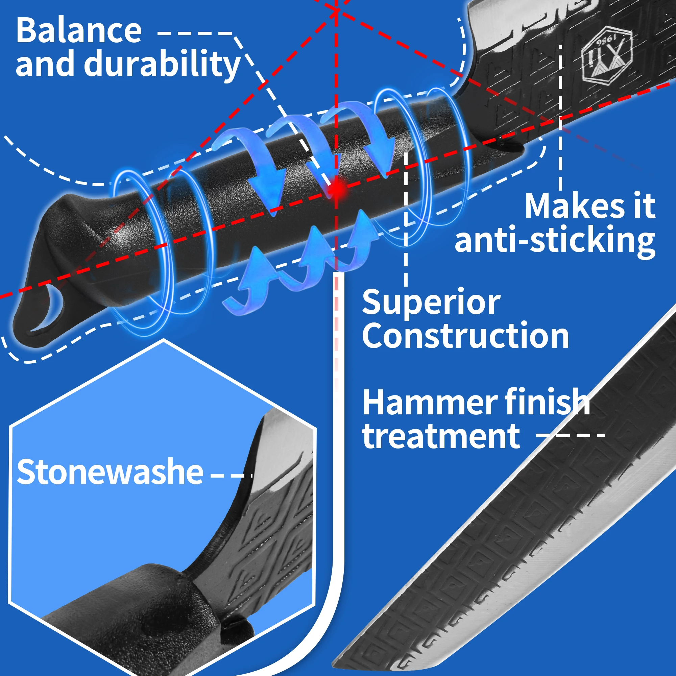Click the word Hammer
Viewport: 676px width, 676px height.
pos(429,403)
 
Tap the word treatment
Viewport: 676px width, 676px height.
pos(441,436)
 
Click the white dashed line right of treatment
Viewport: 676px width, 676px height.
pos(571,435)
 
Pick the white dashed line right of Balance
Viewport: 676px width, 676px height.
pos(195,33)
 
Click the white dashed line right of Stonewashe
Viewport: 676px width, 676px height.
pos(231,476)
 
